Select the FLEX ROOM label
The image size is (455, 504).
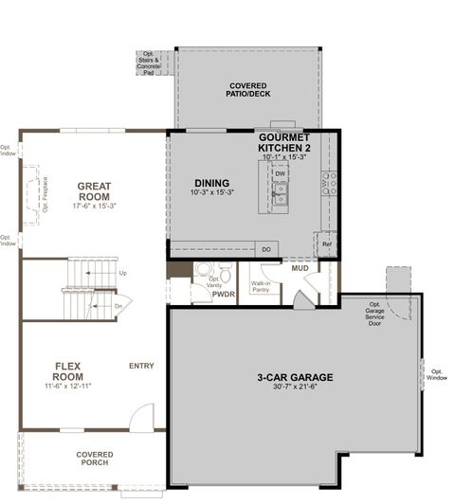point(72,370)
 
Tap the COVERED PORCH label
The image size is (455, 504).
point(94,459)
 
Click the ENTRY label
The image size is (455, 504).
point(143,365)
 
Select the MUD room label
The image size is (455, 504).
point(300,269)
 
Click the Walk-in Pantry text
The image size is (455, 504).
point(263,285)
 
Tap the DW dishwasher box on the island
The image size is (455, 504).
point(280,174)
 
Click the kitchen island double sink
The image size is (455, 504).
point(280,195)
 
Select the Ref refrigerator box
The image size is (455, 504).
point(327,243)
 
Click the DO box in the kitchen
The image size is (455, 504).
point(266,249)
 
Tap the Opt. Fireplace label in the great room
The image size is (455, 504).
point(45,194)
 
